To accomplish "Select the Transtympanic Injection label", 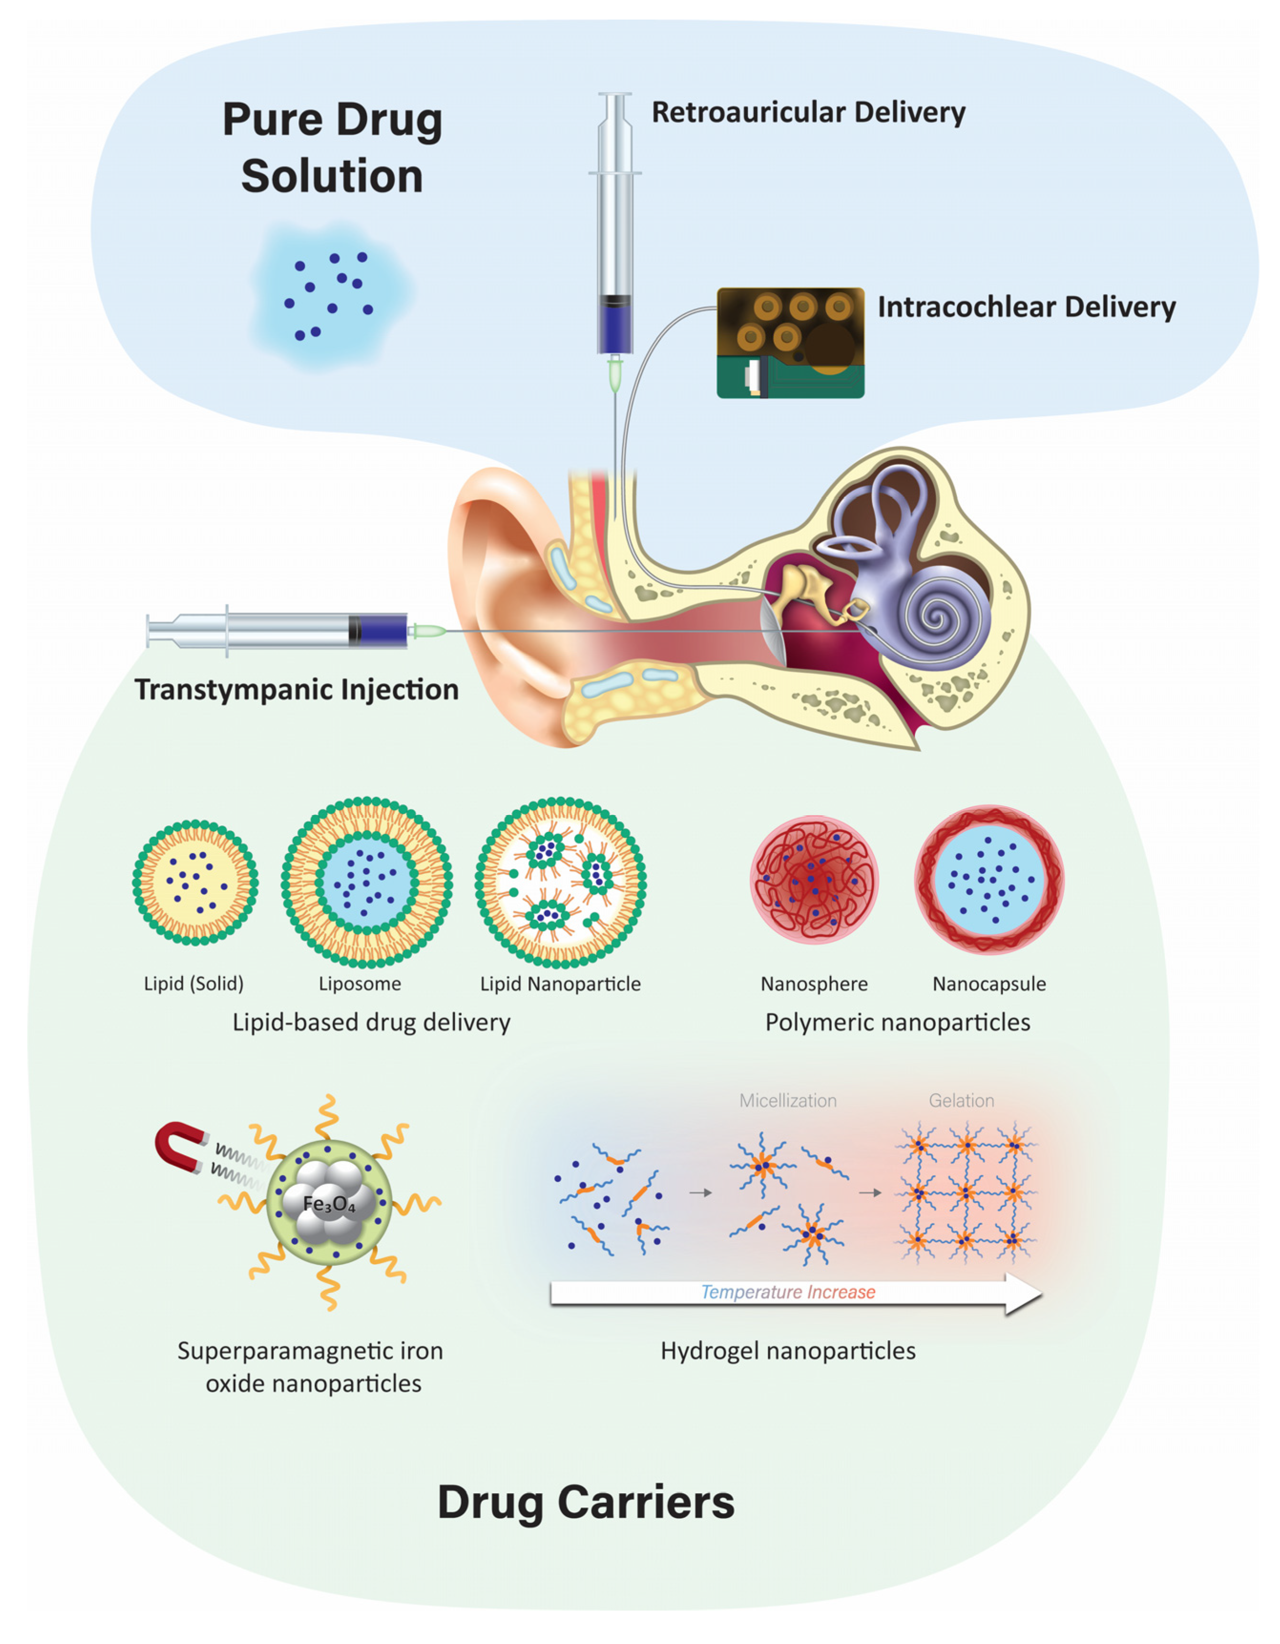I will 296,689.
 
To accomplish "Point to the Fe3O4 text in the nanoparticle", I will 329,1204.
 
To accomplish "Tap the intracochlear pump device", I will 790,343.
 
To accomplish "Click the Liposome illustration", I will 366,882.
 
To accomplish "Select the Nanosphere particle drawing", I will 814,879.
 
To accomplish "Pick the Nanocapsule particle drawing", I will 989,879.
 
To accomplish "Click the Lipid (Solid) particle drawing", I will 195,882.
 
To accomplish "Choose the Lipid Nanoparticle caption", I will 560,984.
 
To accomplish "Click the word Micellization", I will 787,1100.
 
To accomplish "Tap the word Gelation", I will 961,1100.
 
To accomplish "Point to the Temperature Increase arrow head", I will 1024,1293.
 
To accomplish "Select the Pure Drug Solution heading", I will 332,148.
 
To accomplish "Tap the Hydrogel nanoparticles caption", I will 788,1350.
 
